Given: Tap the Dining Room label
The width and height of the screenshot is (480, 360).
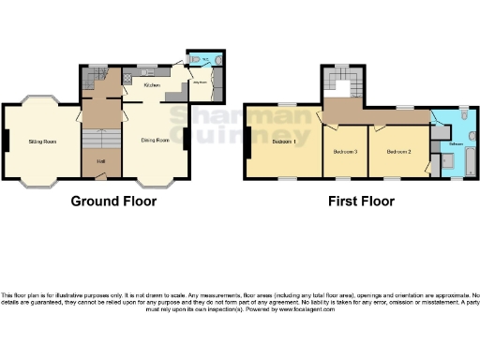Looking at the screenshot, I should point(155,141).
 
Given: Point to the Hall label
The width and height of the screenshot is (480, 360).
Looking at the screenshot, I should point(100,161).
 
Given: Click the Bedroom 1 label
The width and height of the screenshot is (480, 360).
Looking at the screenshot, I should point(282,142).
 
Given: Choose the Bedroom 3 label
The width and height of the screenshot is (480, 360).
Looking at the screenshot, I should point(345,151).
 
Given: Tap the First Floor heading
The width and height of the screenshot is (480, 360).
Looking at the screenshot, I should point(360,201).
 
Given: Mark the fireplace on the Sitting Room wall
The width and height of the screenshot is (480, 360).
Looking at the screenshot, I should point(6,141).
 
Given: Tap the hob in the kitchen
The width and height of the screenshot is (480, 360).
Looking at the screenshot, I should point(128,79).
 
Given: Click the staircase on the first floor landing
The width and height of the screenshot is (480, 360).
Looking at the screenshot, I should point(337,82).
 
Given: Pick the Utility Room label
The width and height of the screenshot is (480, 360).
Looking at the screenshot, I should point(200,82).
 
